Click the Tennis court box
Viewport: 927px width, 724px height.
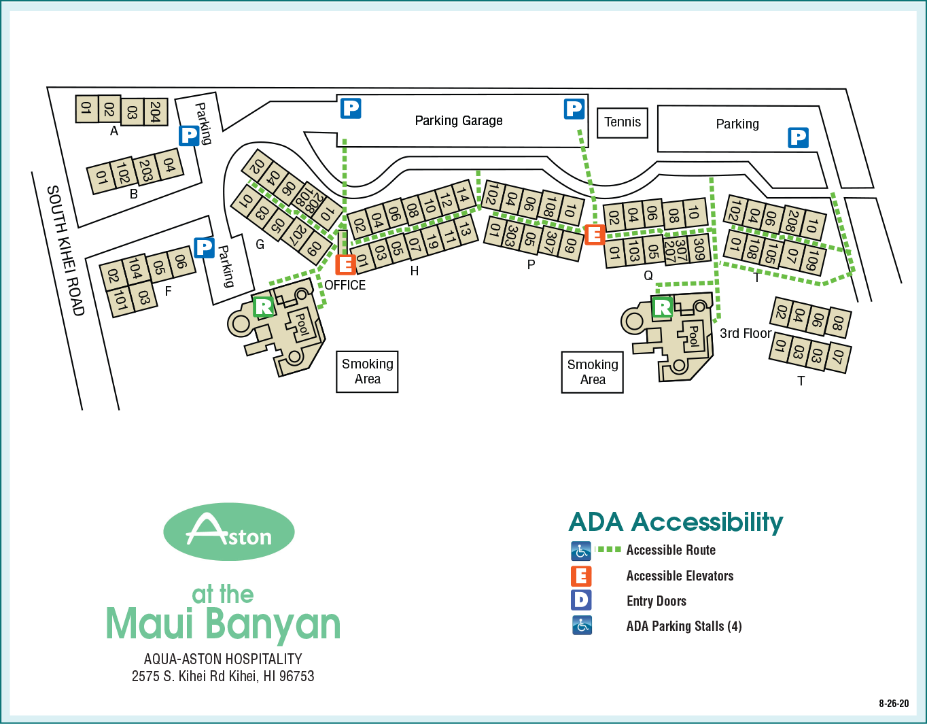tap(622, 122)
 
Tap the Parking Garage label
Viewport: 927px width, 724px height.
tap(459, 121)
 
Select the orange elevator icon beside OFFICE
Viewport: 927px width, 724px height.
tap(345, 264)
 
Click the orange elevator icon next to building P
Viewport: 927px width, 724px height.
tap(595, 235)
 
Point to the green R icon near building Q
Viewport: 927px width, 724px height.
tap(662, 307)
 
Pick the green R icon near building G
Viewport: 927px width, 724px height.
tap(264, 306)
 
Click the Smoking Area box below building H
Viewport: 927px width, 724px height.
tap(367, 372)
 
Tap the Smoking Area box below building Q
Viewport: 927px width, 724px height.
tap(592, 373)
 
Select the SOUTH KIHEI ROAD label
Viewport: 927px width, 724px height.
tap(66, 250)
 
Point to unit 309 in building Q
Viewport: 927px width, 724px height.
tap(699, 249)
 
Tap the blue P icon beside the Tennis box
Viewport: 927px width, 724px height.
tap(574, 109)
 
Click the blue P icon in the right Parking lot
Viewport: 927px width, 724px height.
tap(798, 137)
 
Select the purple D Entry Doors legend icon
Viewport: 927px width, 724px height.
tap(581, 600)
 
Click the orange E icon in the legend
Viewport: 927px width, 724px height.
tap(581, 576)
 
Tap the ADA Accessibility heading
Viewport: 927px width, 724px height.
tap(676, 522)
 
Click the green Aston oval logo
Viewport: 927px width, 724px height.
tap(229, 532)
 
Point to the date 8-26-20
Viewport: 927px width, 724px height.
tap(893, 704)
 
